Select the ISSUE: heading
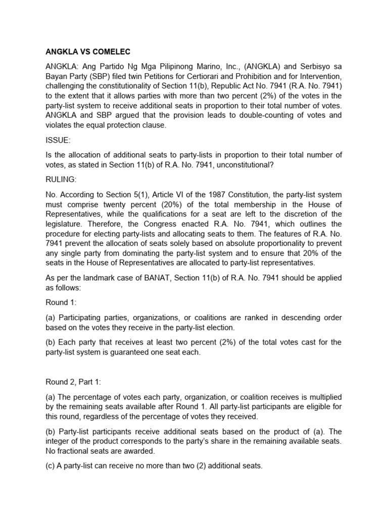coord(58,140)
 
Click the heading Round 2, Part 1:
coord(75,383)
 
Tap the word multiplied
coord(323,397)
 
